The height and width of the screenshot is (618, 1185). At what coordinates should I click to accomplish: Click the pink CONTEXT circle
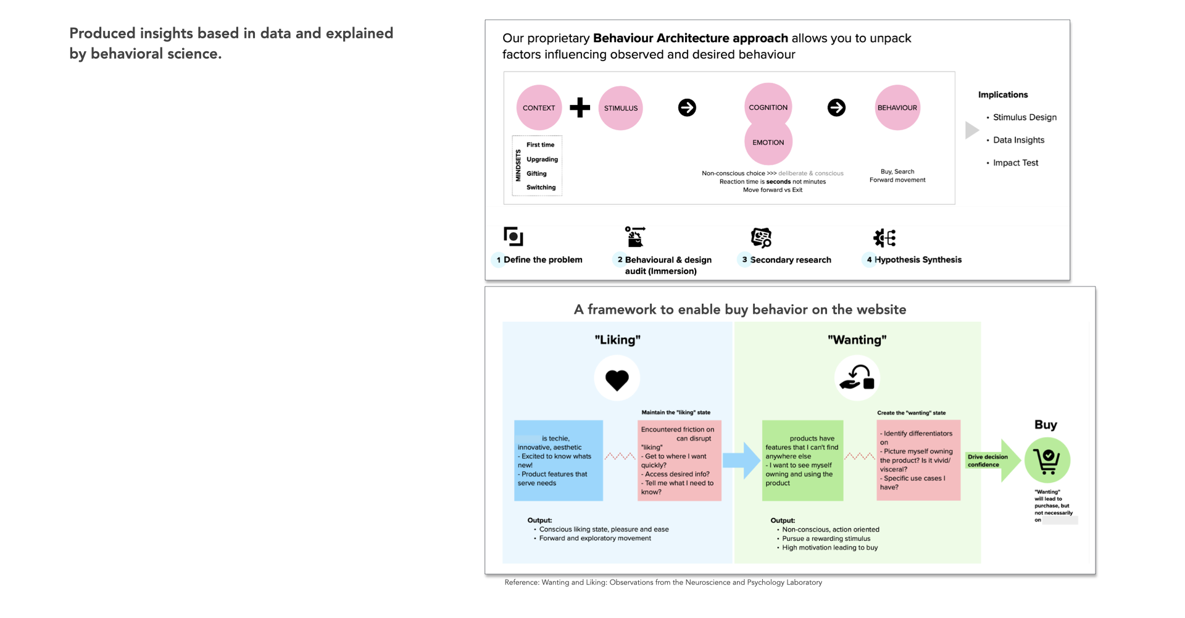pos(539,107)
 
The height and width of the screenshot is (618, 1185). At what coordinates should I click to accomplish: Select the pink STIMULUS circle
pos(620,108)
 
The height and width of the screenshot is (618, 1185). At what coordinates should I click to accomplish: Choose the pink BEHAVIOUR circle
pos(897,107)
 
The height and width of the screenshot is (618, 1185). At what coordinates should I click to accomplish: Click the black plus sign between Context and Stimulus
pos(580,107)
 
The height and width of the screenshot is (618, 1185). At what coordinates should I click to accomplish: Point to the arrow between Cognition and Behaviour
pos(836,107)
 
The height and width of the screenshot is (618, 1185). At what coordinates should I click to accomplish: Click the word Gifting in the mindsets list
pos(536,173)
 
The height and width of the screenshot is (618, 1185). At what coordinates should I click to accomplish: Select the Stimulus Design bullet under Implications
pos(1025,117)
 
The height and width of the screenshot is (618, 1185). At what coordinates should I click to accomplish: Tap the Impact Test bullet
pos(1015,163)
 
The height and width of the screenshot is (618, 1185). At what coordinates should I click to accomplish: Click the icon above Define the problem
pos(513,236)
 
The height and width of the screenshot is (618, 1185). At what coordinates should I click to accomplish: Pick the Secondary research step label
pos(790,260)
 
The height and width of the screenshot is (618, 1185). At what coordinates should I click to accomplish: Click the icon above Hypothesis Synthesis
pos(884,238)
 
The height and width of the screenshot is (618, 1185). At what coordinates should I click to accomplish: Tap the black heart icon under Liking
pos(617,380)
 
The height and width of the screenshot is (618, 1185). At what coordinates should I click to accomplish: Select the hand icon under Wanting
pos(857,378)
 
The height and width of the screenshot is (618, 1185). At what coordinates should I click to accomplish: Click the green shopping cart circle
pos(1047,460)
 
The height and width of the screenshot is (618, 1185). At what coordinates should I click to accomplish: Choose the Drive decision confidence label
pos(987,461)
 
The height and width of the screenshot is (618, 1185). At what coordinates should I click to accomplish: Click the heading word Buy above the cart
pos(1046,425)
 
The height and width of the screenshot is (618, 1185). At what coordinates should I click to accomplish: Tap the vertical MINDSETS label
pos(518,165)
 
